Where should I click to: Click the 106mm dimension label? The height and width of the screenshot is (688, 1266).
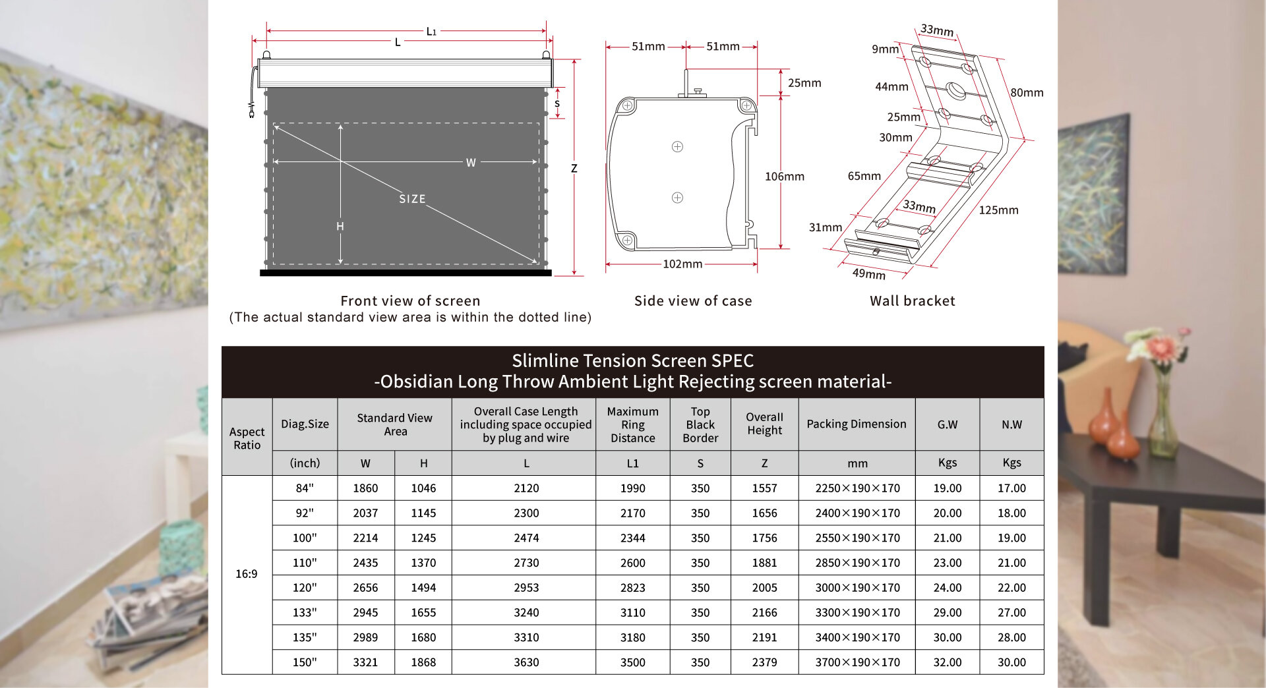coord(784,176)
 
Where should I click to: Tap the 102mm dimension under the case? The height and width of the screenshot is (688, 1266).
coord(682,264)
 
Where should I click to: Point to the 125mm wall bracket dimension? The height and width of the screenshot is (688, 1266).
coord(998,210)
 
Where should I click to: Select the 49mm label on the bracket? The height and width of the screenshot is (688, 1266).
coord(868,273)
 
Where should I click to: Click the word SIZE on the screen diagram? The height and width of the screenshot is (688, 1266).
coord(412,198)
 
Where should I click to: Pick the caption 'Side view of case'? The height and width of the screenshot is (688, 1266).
coord(692,301)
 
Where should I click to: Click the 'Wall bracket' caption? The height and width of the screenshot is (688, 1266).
coord(912,301)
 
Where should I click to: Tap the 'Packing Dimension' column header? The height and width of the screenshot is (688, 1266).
coord(856,424)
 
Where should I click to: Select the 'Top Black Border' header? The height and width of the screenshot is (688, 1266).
coord(700,424)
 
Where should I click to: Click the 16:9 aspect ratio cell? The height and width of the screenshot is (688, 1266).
coord(246,574)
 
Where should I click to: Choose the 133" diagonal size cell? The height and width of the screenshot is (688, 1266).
coord(305,612)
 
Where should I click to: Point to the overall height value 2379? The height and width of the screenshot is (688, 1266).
coord(764,662)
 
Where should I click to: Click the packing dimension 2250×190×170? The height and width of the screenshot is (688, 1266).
coord(857,488)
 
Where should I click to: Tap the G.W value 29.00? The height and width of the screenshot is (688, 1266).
coord(947,612)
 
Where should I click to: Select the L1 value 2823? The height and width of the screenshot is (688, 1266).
coord(632,588)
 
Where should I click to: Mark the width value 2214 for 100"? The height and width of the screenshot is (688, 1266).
coord(365,538)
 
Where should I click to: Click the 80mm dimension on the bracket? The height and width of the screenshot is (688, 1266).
coord(1027,92)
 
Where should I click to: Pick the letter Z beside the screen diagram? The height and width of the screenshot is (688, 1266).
coord(574,168)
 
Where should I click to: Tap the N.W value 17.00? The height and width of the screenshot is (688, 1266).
coord(1011,488)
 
